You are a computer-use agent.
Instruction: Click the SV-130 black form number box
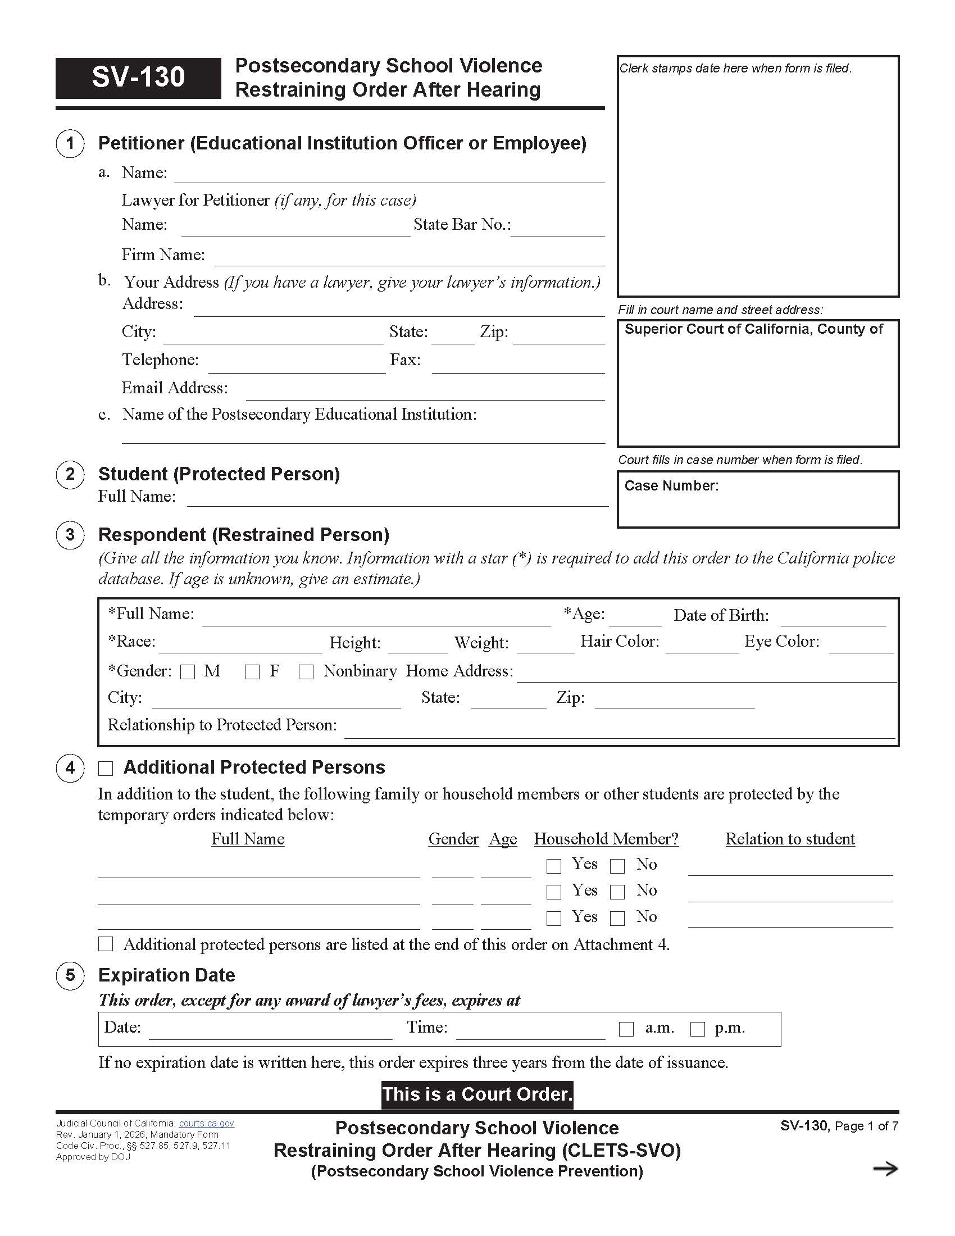tap(138, 78)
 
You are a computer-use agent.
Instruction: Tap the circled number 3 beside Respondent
tap(70, 535)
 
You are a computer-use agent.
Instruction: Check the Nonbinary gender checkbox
tap(306, 672)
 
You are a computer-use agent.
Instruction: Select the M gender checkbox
tap(187, 672)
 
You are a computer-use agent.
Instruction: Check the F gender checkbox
tap(252, 672)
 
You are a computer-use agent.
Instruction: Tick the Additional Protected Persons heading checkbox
tap(106, 769)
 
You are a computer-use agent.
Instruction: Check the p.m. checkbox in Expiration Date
tap(698, 1029)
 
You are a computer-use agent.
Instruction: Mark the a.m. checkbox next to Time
tap(626, 1029)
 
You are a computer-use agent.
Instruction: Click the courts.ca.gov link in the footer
tap(207, 1124)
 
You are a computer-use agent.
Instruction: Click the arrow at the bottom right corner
tap(885, 1169)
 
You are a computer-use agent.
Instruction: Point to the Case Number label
tap(671, 485)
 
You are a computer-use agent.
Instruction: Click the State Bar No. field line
tap(558, 229)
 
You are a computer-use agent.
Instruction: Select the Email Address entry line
tap(425, 393)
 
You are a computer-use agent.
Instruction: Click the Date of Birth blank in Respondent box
tap(833, 619)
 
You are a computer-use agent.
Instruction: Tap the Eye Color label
tap(781, 641)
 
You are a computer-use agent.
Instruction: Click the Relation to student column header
tap(790, 839)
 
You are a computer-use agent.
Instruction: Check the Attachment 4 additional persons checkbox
tap(106, 944)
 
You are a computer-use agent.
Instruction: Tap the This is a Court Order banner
tap(477, 1094)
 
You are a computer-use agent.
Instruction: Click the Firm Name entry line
tap(410, 258)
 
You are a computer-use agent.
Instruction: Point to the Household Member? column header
tap(606, 839)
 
